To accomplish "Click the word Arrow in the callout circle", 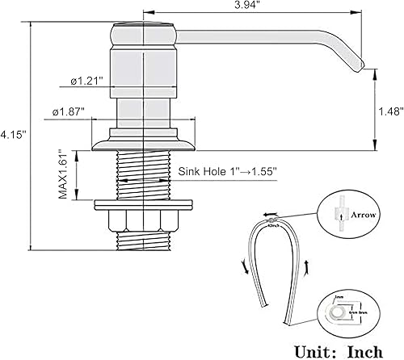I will pos(358,216).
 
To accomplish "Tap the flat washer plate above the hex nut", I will pos(145,200).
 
